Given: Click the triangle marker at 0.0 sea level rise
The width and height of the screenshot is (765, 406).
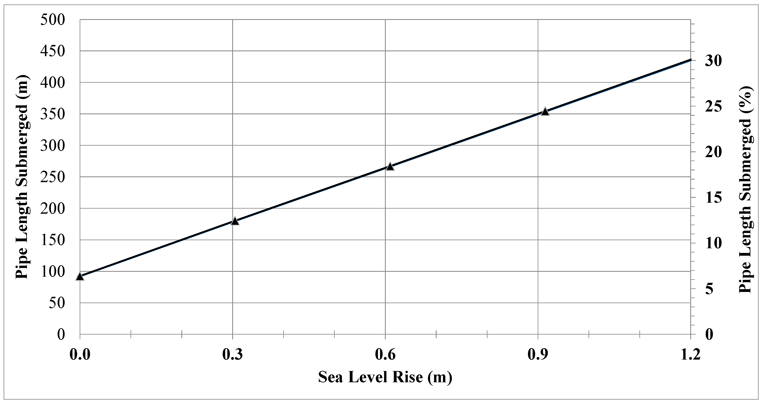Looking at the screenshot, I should pos(80,276).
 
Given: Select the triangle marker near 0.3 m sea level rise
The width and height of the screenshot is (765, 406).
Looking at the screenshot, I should pos(235,221).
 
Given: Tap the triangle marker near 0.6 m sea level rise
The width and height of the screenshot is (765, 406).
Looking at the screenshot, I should pos(390,166).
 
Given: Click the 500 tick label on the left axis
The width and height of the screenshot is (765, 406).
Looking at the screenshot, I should pos(53,20).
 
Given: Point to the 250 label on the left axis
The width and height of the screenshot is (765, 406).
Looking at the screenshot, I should pos(53,177).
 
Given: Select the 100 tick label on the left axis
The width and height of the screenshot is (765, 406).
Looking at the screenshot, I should pos(53,272).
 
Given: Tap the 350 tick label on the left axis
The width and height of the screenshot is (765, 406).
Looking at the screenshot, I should pos(53,114).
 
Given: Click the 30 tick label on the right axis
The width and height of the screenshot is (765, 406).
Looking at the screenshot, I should pos(713,61).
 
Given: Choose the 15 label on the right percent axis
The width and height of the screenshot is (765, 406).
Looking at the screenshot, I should pos(713,198).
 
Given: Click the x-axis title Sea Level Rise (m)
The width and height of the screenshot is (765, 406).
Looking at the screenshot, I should pos(385,377).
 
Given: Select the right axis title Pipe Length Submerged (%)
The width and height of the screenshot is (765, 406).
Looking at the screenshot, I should pos(745,189).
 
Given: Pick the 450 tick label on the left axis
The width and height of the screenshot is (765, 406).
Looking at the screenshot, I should pos(53,51).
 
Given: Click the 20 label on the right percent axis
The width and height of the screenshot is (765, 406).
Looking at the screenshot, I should pos(713,152).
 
